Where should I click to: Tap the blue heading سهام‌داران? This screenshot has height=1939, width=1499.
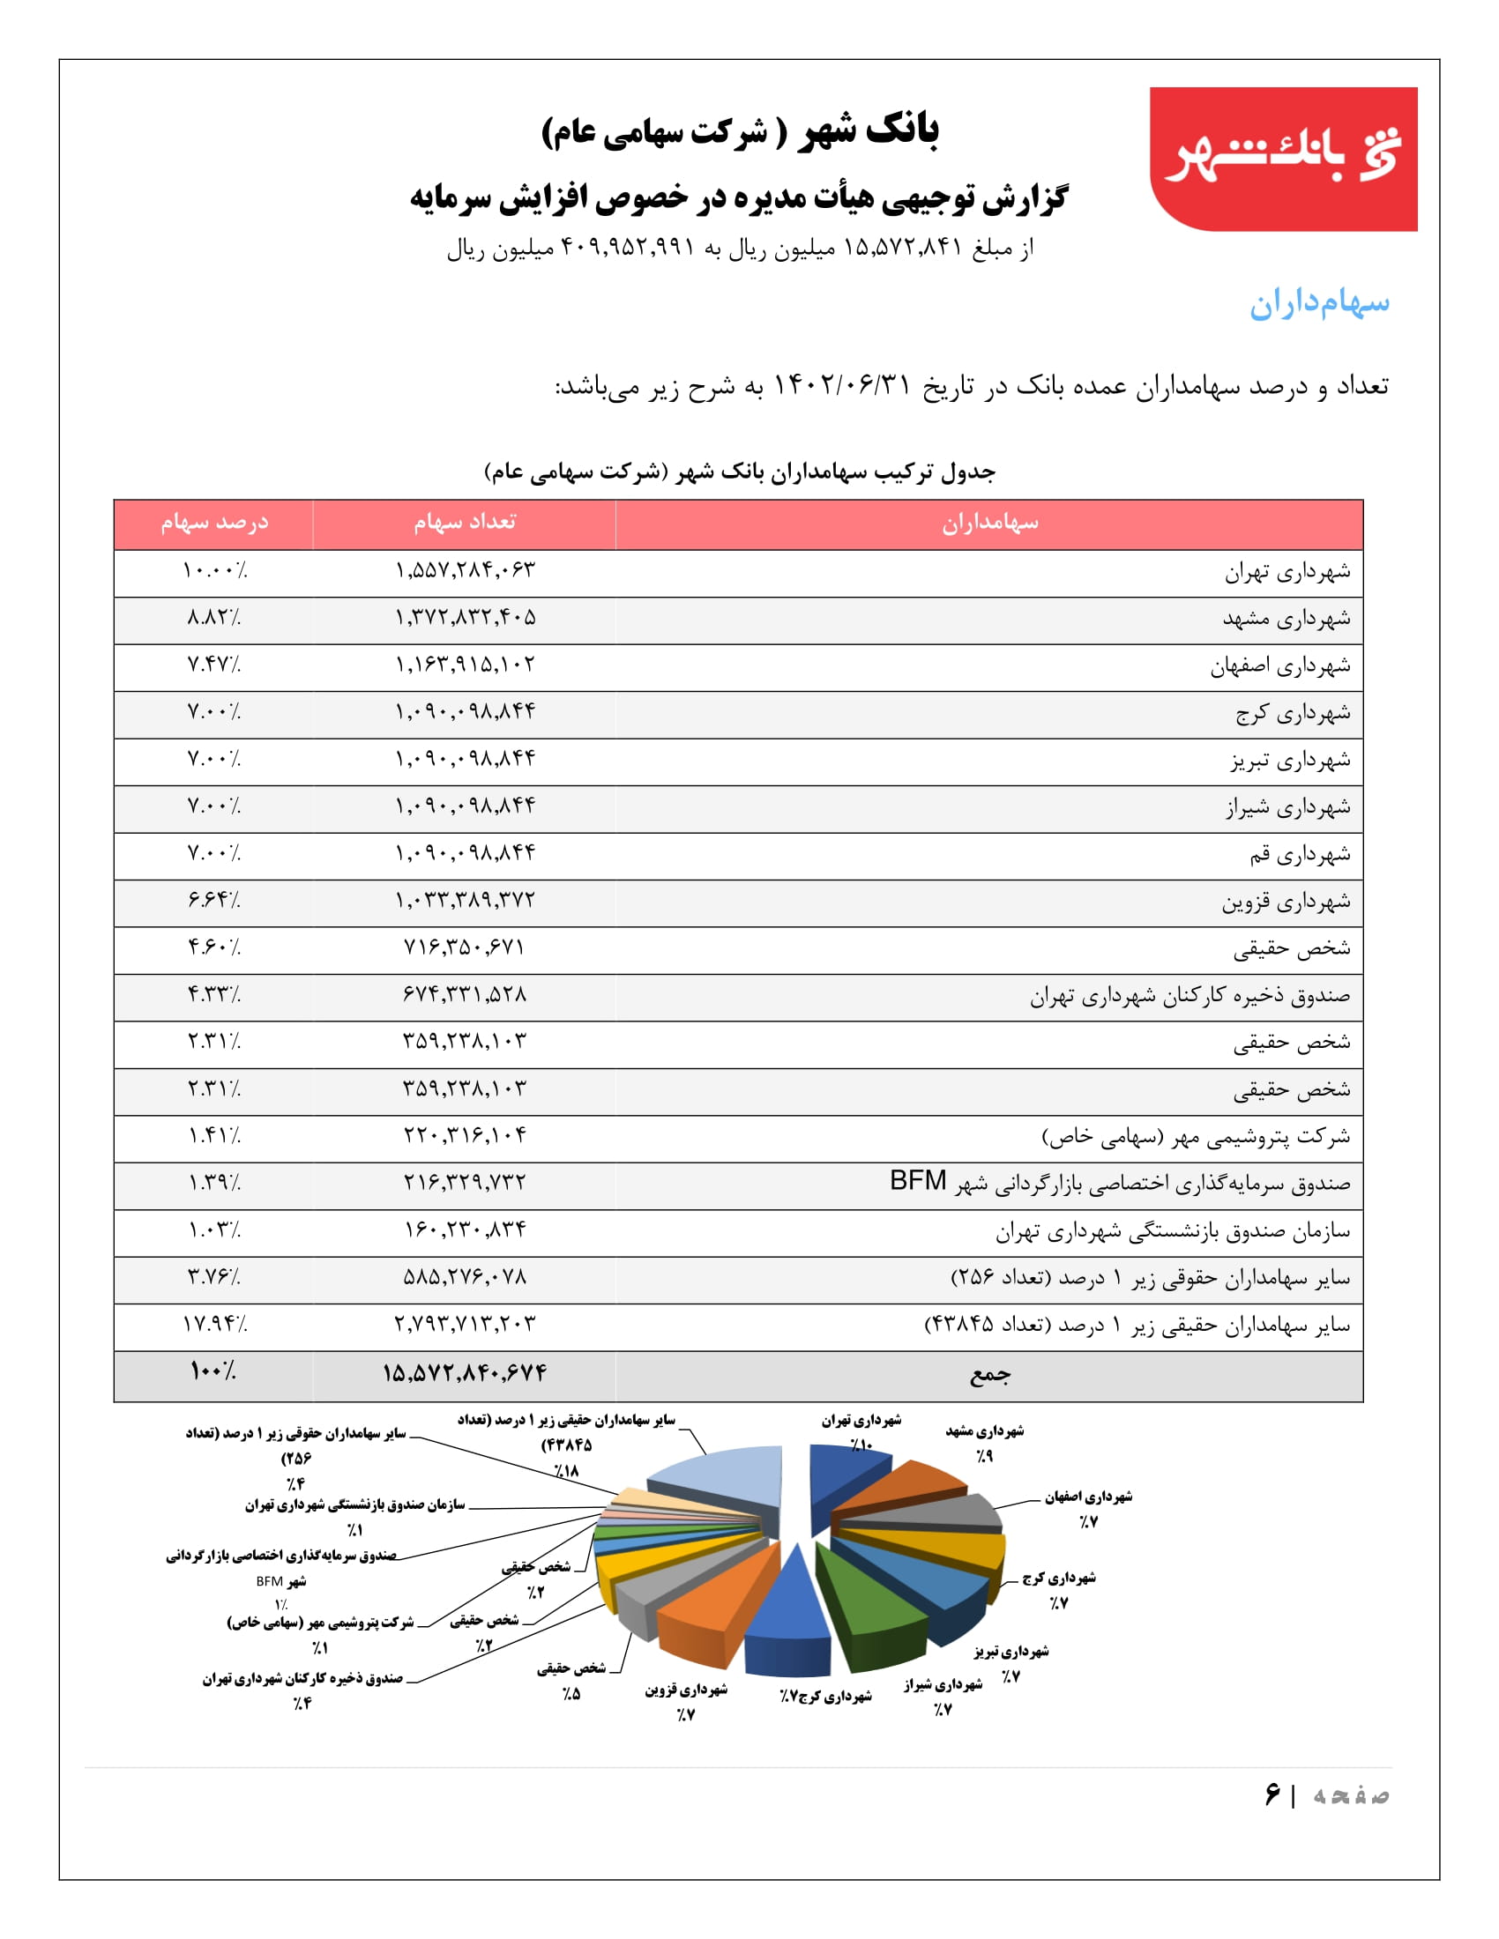[1319, 304]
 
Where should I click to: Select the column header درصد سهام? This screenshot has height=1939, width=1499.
[214, 523]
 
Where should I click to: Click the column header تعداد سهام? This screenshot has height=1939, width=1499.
[465, 523]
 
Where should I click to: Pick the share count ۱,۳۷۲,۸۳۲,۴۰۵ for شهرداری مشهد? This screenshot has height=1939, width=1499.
[466, 617]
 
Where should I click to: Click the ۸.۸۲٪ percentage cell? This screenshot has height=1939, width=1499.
[214, 617]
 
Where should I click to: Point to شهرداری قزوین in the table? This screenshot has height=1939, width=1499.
[1285, 902]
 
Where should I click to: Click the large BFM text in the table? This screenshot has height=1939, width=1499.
[917, 1181]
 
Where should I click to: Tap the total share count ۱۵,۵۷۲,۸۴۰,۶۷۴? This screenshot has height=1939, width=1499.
[465, 1373]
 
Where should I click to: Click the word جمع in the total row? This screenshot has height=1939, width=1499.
[989, 1374]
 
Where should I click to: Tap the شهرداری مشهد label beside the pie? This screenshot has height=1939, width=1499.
[984, 1431]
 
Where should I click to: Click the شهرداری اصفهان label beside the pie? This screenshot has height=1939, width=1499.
[1088, 1497]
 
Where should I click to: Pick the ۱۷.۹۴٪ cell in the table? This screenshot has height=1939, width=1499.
[214, 1325]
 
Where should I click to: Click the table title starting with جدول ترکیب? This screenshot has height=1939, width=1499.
[739, 472]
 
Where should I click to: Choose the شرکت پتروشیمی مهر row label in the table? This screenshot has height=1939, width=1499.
[1196, 1136]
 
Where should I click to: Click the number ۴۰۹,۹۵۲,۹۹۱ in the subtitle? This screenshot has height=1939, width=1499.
[627, 248]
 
